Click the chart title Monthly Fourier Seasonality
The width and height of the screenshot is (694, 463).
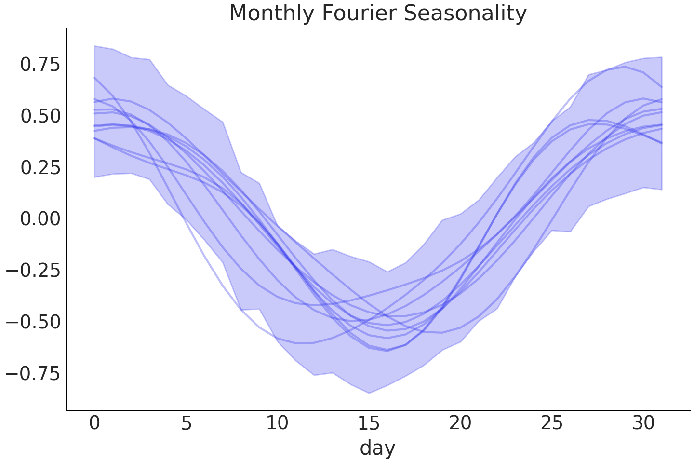click(x=378, y=13)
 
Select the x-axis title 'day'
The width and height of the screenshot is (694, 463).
click(x=377, y=448)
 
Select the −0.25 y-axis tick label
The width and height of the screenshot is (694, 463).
click(x=33, y=271)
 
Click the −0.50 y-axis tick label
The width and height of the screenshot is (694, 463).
click(x=33, y=322)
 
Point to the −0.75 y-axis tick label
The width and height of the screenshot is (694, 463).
click(x=33, y=373)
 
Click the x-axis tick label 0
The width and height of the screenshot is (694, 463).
click(x=94, y=423)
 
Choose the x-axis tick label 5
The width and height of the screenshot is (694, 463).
click(x=186, y=423)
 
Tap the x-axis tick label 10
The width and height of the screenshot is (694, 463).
click(x=277, y=423)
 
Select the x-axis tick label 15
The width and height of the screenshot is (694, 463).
click(x=369, y=423)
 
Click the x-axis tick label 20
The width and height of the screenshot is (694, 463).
click(x=460, y=423)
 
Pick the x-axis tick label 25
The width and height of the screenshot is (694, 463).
click(x=552, y=423)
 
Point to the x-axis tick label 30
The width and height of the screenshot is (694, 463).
click(x=643, y=423)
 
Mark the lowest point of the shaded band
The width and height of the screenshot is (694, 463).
click(x=369, y=393)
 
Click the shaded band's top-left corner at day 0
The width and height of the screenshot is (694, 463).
click(x=95, y=46)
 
